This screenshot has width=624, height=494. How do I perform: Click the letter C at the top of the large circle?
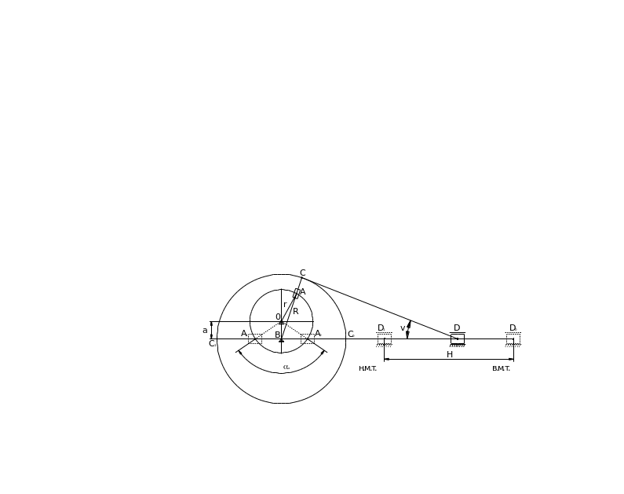point(303,273)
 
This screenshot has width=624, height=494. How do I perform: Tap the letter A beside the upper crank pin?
point(302,292)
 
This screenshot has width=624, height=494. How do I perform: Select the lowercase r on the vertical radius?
point(284,304)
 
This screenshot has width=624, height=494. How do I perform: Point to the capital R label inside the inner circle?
point(295,311)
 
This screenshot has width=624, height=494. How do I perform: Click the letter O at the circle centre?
point(277,318)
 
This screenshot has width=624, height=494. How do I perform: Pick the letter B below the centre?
point(277,335)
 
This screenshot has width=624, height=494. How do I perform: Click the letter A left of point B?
point(243,334)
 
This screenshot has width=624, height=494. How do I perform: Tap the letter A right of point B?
point(318,334)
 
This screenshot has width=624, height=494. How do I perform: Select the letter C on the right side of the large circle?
point(351,335)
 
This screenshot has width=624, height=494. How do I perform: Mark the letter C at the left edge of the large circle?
point(213,343)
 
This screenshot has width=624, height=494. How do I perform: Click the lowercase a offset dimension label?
point(206,331)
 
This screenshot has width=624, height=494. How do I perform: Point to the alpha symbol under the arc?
point(286,367)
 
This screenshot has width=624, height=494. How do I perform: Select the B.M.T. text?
point(501,368)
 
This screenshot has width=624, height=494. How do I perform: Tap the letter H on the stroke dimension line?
point(450,355)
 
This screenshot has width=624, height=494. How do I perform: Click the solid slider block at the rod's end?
point(457,339)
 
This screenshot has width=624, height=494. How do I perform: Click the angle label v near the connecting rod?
point(403,328)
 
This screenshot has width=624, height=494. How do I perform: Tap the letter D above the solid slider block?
point(457,328)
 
